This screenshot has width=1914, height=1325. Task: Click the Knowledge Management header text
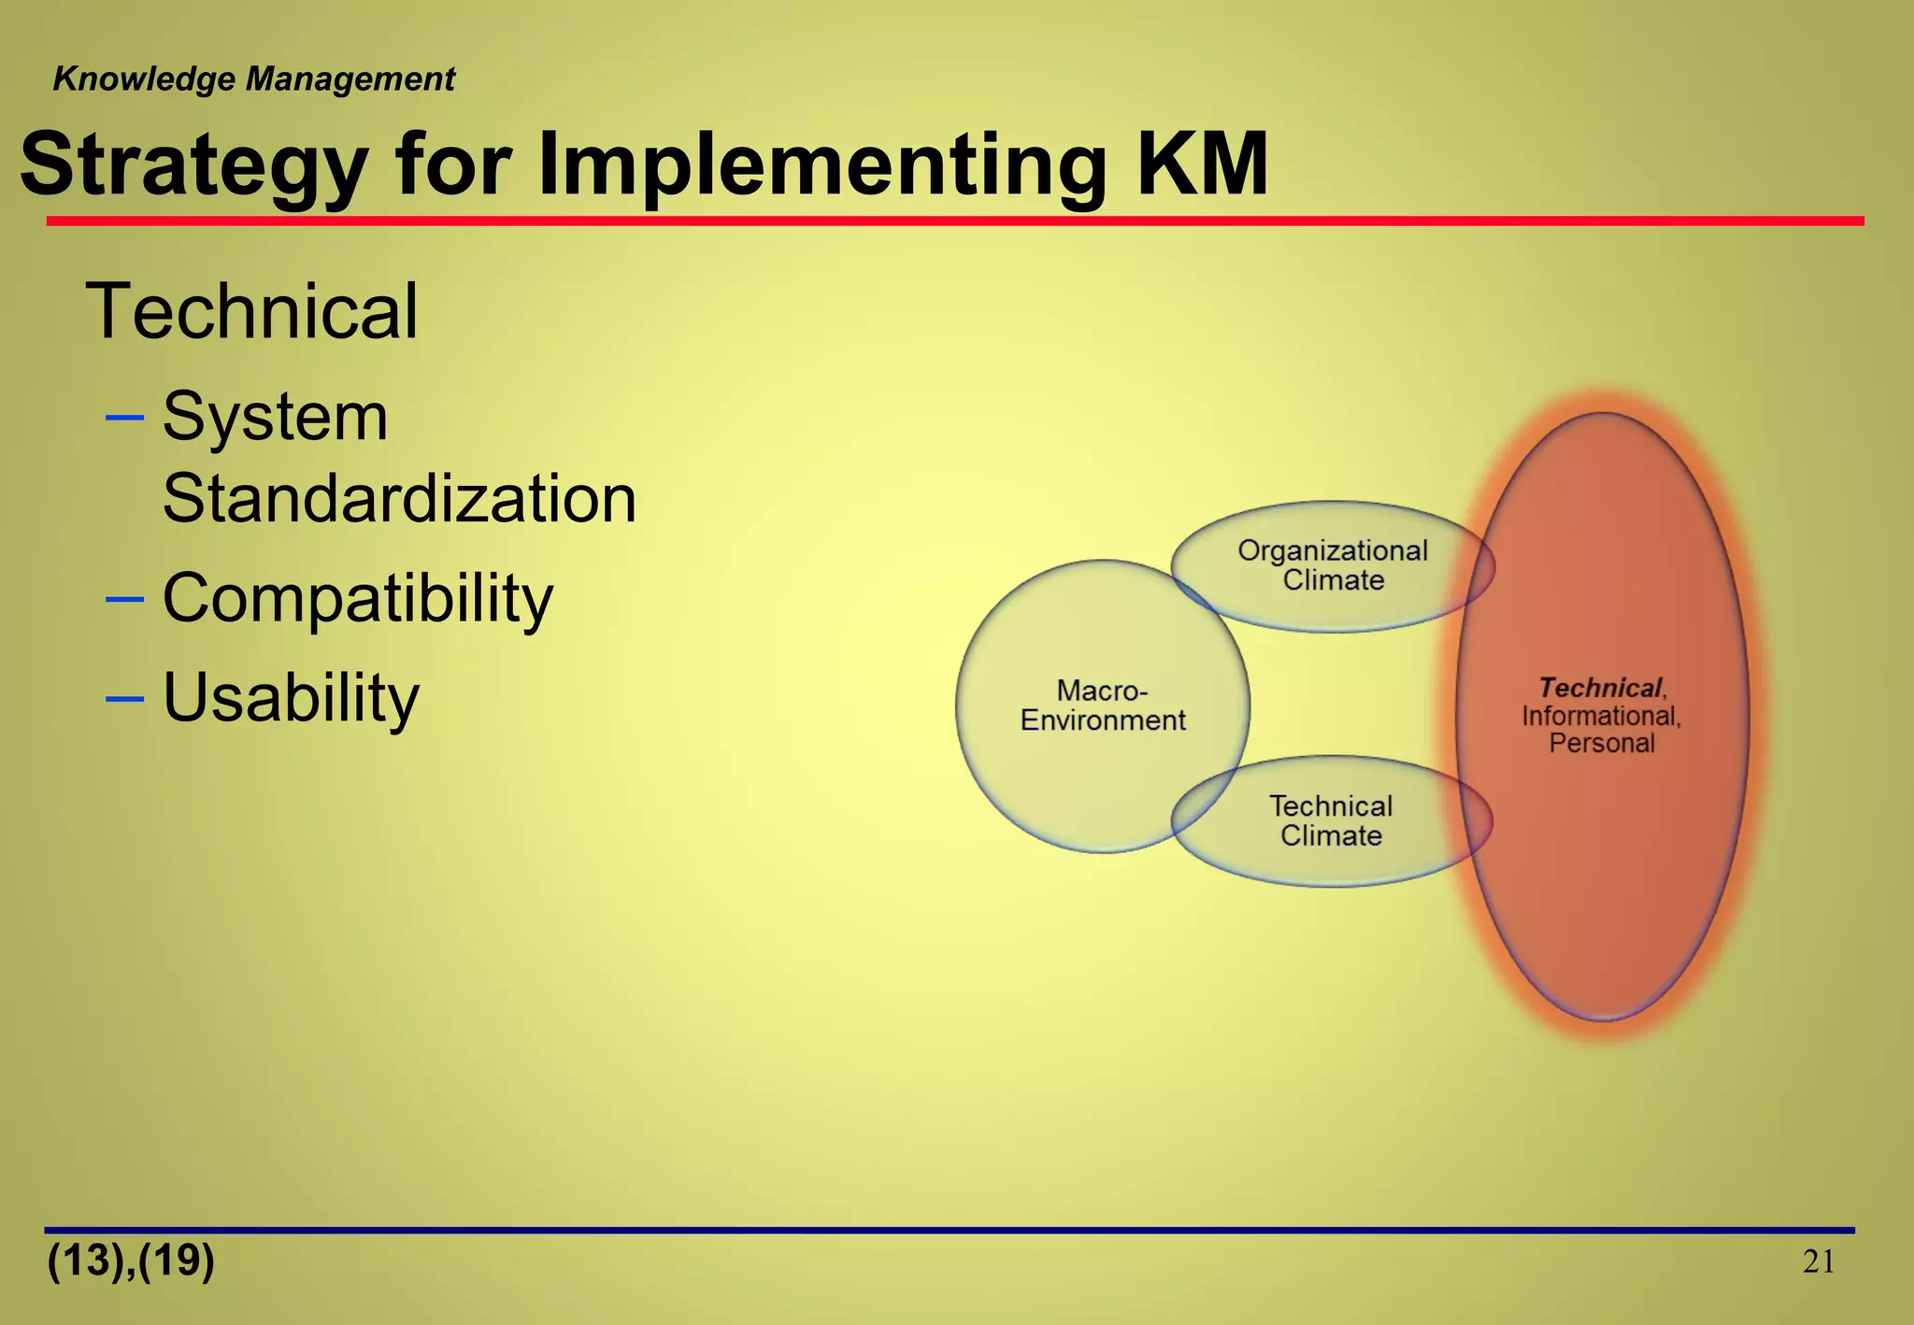click(253, 79)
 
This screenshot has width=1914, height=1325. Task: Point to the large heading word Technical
click(251, 311)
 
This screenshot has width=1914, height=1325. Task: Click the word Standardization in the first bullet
click(399, 498)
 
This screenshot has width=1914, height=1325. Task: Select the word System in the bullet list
click(275, 417)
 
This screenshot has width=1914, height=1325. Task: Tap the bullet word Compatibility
click(358, 598)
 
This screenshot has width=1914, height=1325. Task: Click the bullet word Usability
click(291, 697)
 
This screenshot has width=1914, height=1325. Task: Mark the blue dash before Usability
click(125, 698)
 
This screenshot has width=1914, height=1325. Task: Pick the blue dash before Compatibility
click(125, 598)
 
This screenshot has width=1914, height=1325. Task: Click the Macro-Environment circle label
click(1102, 705)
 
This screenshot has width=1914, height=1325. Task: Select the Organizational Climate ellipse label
click(1333, 565)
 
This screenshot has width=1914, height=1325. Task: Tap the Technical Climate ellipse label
click(1331, 820)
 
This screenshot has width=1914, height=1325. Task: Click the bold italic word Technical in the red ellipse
click(1600, 688)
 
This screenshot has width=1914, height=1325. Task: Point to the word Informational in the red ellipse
click(1601, 716)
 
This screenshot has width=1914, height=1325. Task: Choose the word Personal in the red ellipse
click(1602, 744)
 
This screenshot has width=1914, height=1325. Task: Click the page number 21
click(1818, 1262)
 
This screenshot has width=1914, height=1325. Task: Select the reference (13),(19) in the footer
click(131, 1261)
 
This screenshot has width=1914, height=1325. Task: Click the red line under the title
click(953, 221)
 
